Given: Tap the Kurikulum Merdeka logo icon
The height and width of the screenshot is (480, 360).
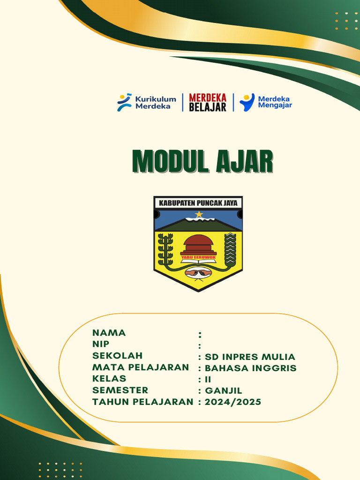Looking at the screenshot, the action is (x=124, y=102).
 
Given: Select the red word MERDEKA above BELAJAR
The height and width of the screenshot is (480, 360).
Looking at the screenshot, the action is (x=208, y=97).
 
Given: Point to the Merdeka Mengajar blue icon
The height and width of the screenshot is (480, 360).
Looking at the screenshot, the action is (x=247, y=102).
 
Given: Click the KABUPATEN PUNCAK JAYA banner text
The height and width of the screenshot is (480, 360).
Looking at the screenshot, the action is (x=198, y=203).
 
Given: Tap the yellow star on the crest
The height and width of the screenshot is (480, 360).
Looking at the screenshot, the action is (x=199, y=214).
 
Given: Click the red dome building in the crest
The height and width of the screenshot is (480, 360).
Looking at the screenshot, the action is (x=198, y=245).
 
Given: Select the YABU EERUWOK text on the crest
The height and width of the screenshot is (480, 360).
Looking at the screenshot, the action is (x=198, y=257).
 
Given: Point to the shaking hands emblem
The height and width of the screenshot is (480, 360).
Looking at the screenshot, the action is (x=198, y=272).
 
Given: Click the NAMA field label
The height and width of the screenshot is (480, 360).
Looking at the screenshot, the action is (x=109, y=333).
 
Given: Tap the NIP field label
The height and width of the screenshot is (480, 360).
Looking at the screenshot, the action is (x=101, y=344).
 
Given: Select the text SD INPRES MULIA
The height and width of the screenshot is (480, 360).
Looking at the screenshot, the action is (x=250, y=357).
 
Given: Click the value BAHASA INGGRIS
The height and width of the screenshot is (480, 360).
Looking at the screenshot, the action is (x=251, y=368).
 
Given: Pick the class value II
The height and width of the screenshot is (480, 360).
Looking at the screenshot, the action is (x=208, y=380).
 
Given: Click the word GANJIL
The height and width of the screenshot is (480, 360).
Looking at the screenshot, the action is (x=224, y=391).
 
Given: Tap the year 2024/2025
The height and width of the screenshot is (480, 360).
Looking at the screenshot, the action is (x=233, y=402).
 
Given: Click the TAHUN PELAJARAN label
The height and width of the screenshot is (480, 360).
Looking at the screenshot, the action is (x=142, y=402).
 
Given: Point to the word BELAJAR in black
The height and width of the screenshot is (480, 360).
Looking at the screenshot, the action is (x=208, y=107).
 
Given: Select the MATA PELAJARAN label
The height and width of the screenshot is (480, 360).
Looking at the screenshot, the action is (x=141, y=367).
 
